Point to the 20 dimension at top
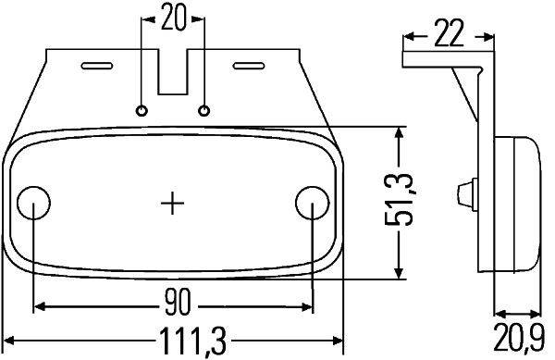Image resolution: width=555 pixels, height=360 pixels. (x=173, y=18)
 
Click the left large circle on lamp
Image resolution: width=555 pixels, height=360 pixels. (x=34, y=201)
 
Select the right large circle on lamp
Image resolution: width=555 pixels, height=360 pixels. (x=312, y=201)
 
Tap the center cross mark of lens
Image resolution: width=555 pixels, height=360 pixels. (x=173, y=202)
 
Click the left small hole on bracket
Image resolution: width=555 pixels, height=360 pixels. (x=142, y=111)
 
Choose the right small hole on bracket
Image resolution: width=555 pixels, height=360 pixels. (x=203, y=111)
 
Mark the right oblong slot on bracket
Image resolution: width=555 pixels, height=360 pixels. (x=249, y=66)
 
